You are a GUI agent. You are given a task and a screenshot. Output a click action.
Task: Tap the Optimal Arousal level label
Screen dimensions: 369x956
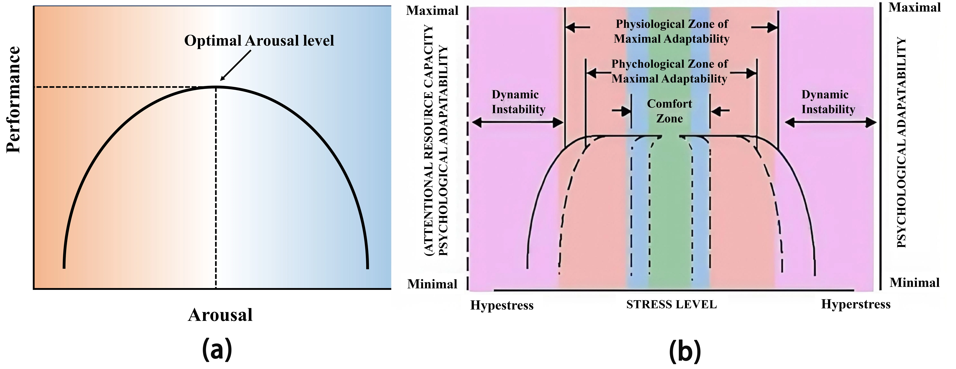click(259, 40)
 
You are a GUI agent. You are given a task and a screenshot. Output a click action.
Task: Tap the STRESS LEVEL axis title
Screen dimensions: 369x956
click(671, 304)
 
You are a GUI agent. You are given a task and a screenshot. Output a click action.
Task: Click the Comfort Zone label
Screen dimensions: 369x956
click(670, 111)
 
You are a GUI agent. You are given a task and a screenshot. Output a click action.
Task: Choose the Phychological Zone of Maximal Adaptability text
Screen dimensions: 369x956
click(670, 71)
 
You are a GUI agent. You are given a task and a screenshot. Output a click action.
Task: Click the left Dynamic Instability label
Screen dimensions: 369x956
click(518, 102)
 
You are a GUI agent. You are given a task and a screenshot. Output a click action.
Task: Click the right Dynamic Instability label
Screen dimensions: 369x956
click(828, 102)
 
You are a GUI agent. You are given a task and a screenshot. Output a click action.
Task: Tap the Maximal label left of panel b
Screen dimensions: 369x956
click(432, 10)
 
